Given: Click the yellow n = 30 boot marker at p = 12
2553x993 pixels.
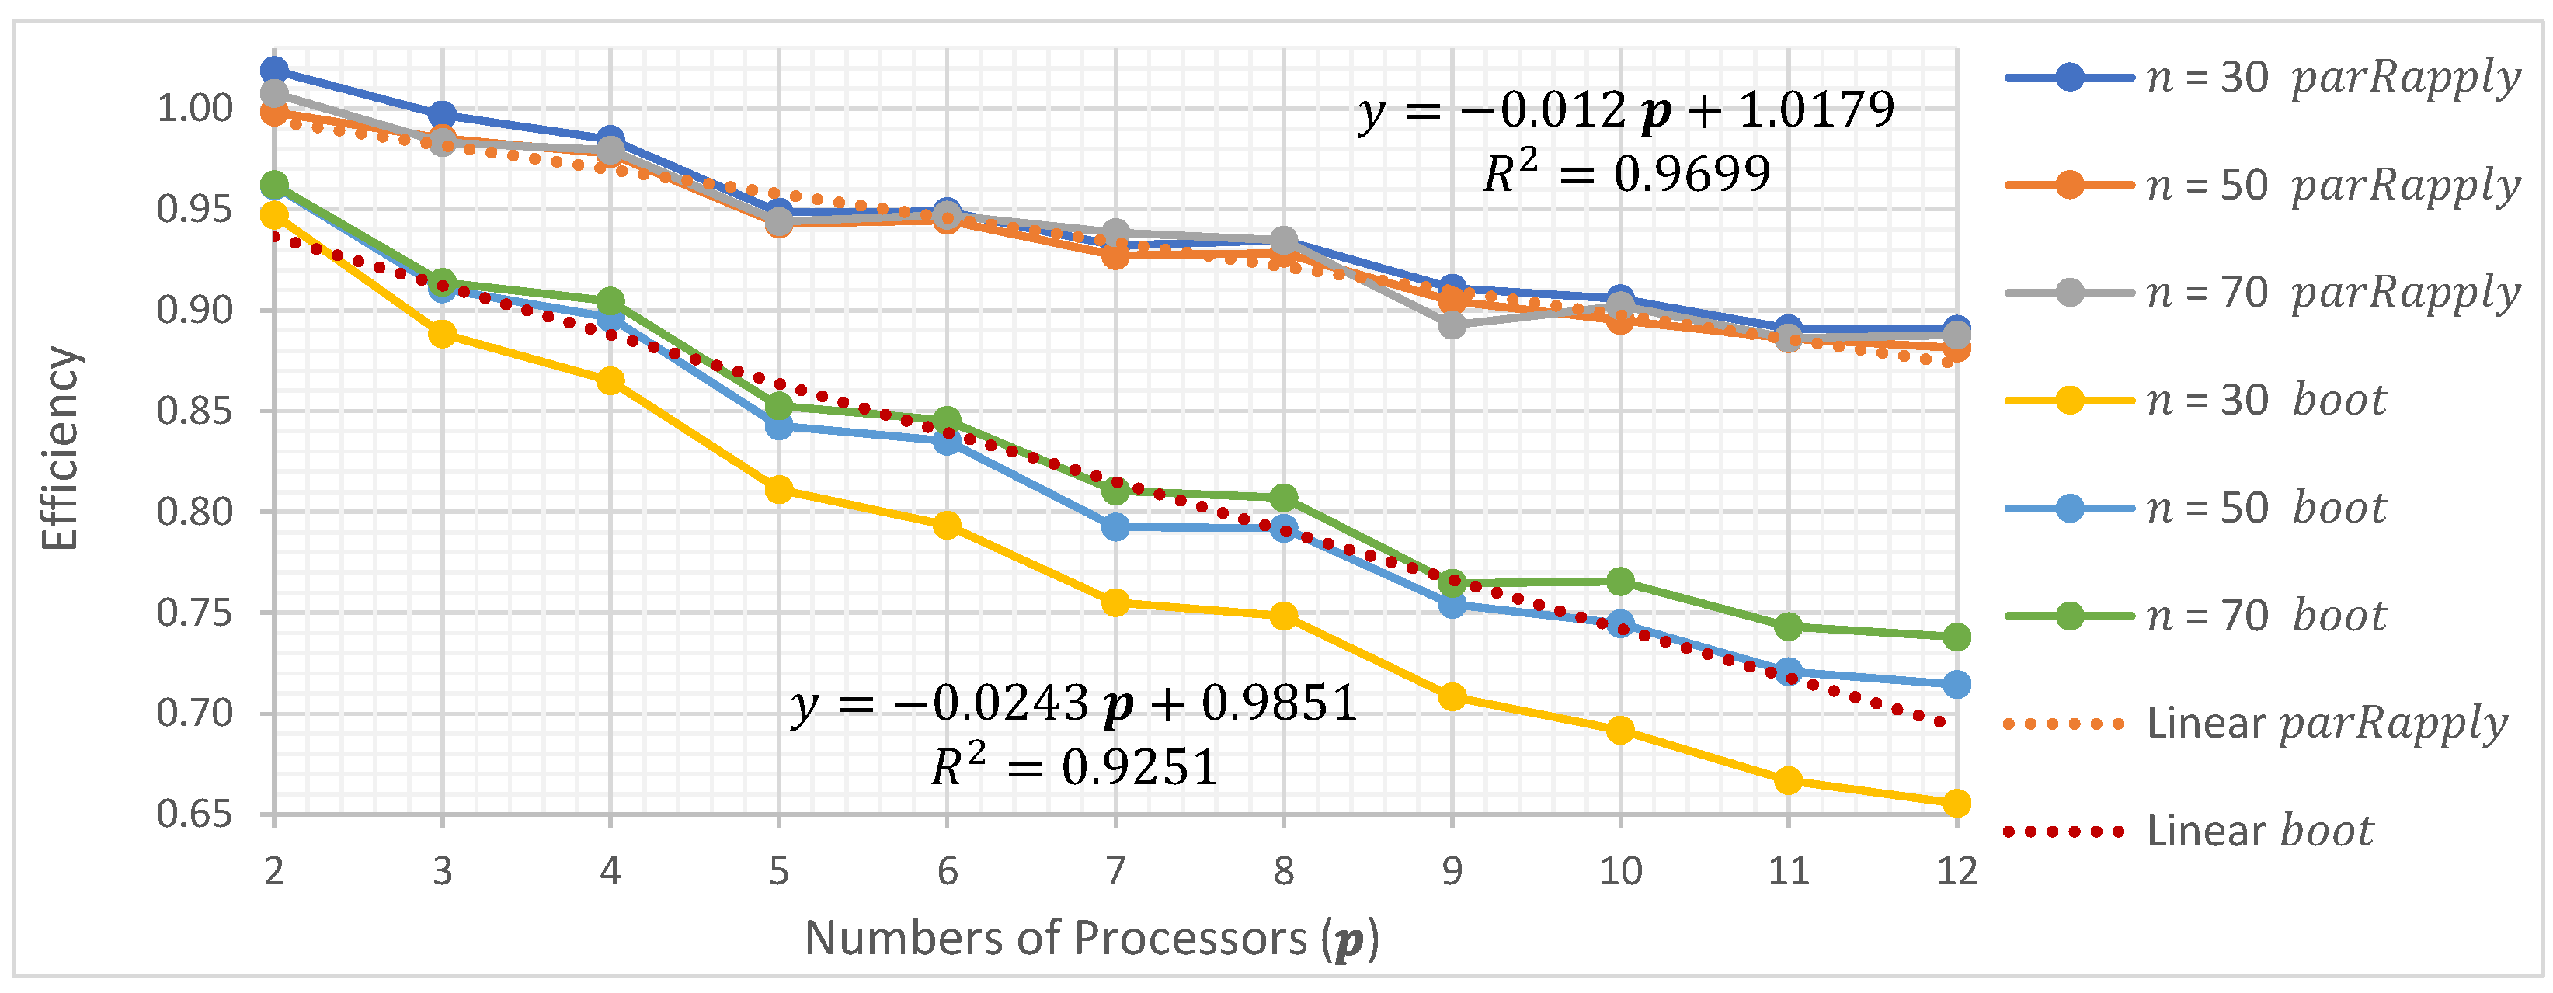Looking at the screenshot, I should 1956,803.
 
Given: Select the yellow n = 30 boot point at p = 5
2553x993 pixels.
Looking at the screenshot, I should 779,488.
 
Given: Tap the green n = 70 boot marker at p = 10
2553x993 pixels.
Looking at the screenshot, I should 1620,581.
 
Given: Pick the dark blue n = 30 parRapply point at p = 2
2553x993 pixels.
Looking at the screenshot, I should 274,71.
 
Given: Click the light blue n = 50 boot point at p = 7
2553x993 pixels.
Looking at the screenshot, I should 1116,526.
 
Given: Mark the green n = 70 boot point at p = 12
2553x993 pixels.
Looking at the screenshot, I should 1956,636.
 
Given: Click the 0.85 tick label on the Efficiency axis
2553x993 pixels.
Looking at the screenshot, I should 194,410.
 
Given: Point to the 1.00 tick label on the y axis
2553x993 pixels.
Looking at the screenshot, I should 194,108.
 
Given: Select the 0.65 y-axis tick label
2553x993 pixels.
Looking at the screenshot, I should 194,814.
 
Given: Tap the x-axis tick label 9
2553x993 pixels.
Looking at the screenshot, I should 1452,871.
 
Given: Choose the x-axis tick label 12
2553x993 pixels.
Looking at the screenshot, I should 1956,871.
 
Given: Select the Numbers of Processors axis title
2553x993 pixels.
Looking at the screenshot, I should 1090,938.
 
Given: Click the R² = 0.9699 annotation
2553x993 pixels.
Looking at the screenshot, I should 1626,175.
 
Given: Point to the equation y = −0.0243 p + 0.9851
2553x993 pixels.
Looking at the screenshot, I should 1074,703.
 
